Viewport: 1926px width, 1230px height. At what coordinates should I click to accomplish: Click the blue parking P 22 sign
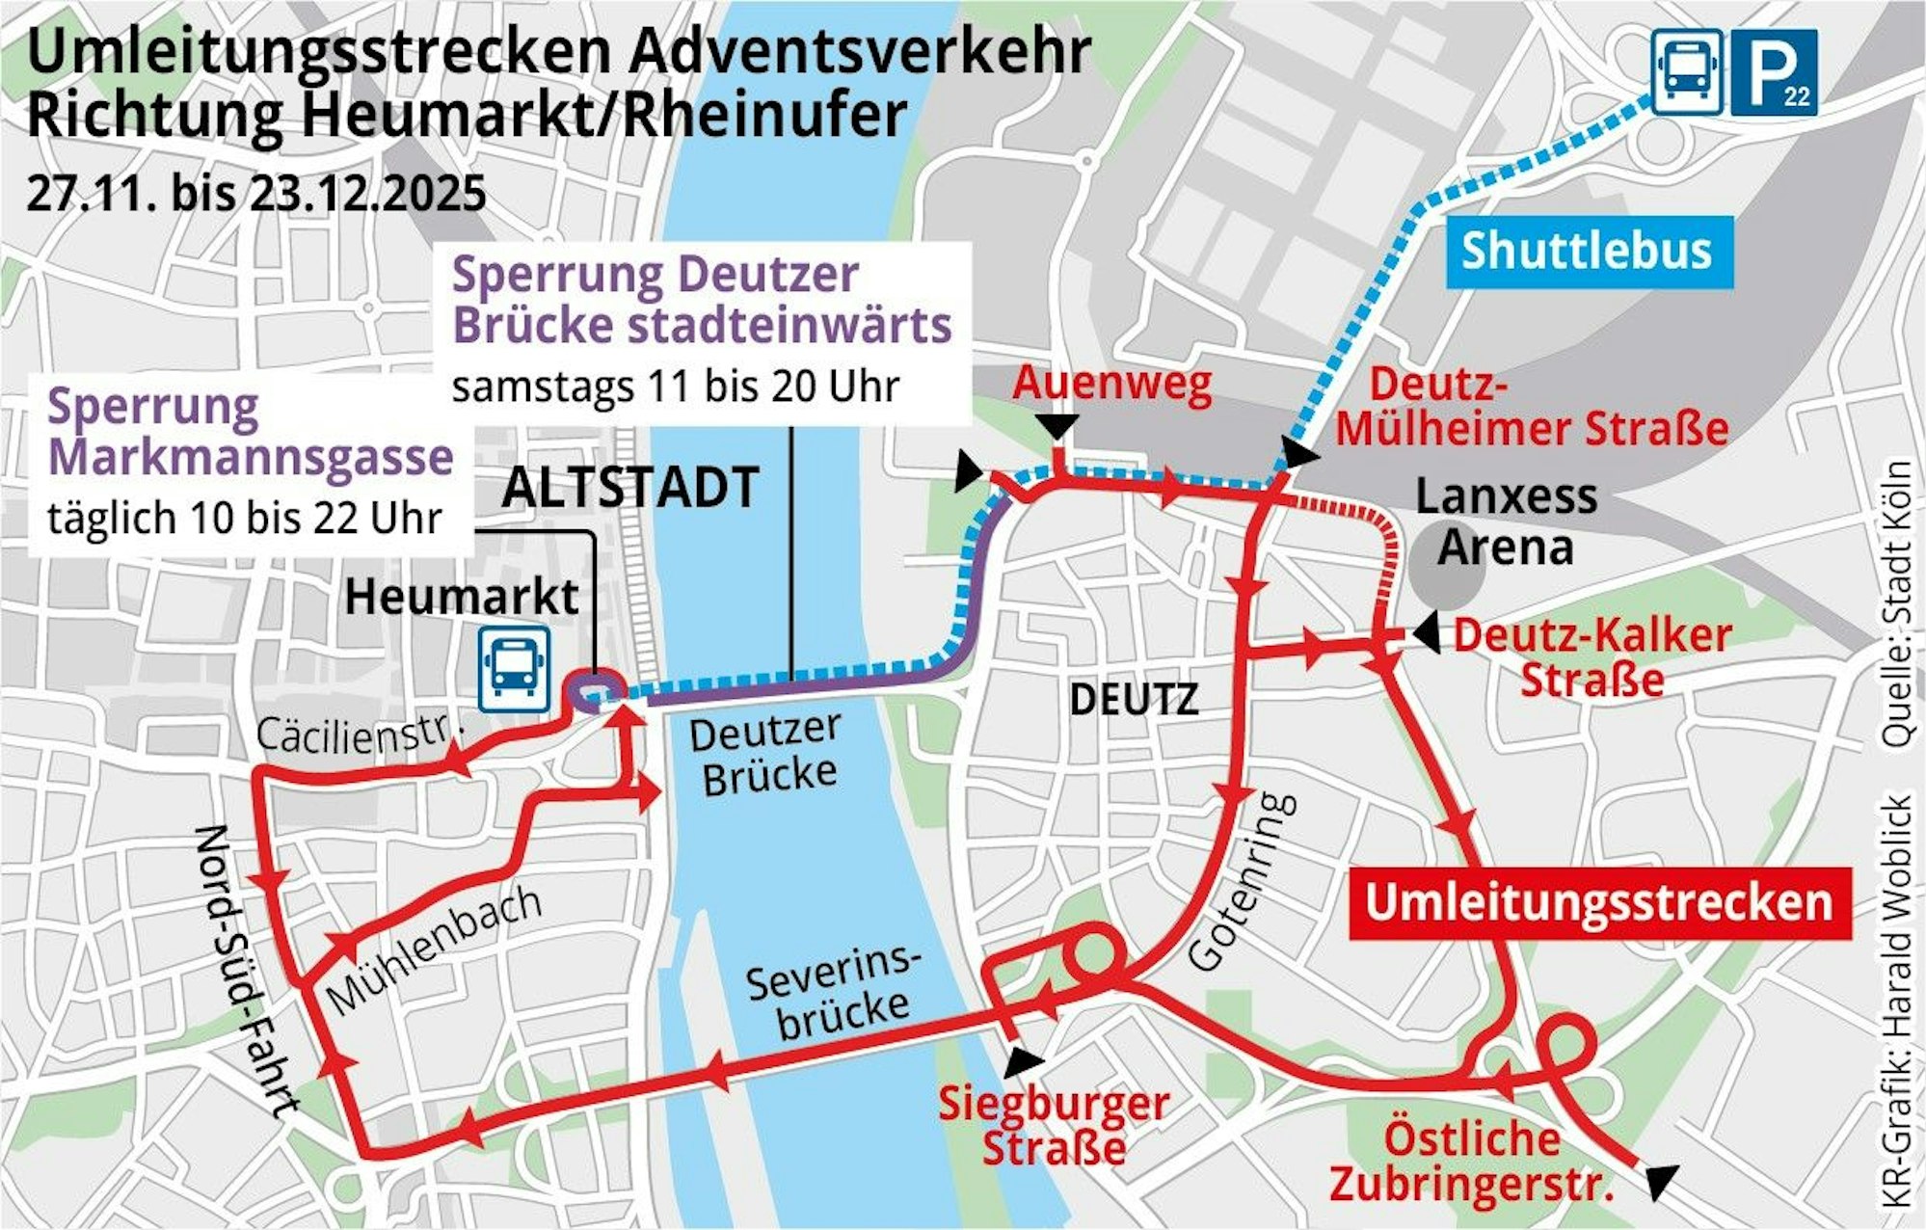coord(1774,72)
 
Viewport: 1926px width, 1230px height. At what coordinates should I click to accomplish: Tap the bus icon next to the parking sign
coord(1687,72)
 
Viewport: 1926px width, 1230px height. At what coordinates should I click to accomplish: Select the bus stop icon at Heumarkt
coord(514,668)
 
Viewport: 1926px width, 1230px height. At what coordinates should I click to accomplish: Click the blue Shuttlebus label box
coord(1588,252)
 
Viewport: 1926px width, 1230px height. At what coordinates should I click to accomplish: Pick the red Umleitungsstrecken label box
coord(1599,903)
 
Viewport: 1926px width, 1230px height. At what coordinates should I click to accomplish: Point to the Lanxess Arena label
coord(1506,521)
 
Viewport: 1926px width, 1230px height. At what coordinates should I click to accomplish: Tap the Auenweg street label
coord(1111,384)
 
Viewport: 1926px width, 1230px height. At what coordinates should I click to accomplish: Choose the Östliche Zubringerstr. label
coord(1472,1162)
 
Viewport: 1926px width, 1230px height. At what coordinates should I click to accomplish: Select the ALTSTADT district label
coord(630,488)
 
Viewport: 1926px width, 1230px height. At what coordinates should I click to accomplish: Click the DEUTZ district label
coord(1134,700)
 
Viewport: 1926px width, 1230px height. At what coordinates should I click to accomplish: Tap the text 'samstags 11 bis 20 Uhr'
coord(675,388)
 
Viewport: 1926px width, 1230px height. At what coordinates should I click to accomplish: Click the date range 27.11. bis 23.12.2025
coord(256,194)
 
